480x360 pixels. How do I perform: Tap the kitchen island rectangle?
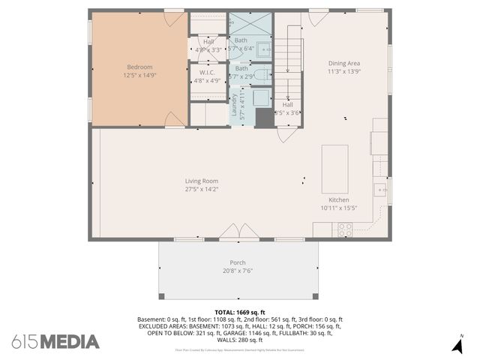[334, 168]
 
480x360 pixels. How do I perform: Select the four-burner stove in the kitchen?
[345, 229]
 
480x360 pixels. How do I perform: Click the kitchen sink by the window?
[380, 188]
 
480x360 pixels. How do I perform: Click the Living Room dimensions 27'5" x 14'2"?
[202, 190]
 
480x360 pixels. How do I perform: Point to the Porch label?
[238, 262]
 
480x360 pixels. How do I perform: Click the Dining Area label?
[345, 64]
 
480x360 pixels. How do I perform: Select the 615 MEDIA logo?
[55, 342]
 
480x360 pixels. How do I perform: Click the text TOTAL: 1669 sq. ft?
[239, 312]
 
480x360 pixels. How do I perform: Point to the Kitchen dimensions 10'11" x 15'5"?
[339, 208]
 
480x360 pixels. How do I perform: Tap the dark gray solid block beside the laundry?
[265, 118]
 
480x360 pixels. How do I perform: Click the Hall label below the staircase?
[287, 104]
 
